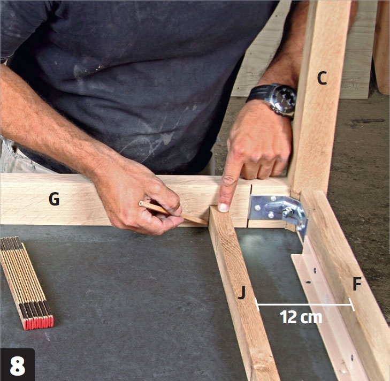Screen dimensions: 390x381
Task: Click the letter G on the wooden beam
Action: point(54,199)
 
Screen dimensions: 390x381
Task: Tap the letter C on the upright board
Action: point(322,78)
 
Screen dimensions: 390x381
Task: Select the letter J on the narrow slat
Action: point(242,292)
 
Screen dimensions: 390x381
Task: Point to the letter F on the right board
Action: point(357,284)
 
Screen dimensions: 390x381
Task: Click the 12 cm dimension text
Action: point(301,317)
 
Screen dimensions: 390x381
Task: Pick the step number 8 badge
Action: point(18,365)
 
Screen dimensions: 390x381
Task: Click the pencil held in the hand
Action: point(173,214)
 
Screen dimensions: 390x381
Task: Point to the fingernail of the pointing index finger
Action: point(224,208)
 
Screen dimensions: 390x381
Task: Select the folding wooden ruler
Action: point(27,283)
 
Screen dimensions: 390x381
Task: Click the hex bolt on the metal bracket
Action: point(288,212)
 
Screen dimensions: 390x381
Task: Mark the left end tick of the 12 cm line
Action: point(257,304)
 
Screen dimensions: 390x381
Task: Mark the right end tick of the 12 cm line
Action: point(351,304)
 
